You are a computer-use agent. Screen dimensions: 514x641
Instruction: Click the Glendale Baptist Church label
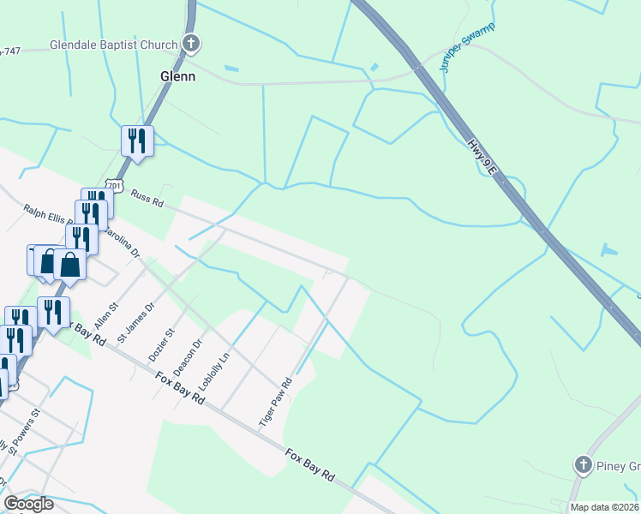click(113, 45)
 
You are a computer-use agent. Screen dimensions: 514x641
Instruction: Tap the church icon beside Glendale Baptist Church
click(191, 44)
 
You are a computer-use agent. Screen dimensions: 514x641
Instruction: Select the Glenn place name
click(178, 76)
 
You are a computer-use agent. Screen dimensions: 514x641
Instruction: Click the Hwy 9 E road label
click(482, 157)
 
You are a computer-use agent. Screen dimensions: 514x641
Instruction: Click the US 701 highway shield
click(116, 186)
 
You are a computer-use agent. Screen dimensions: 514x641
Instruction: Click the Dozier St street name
click(161, 343)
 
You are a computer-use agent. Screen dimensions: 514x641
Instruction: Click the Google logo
click(28, 504)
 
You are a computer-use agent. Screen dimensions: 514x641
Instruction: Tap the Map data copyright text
click(604, 507)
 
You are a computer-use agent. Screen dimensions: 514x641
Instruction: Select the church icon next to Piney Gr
click(584, 465)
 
